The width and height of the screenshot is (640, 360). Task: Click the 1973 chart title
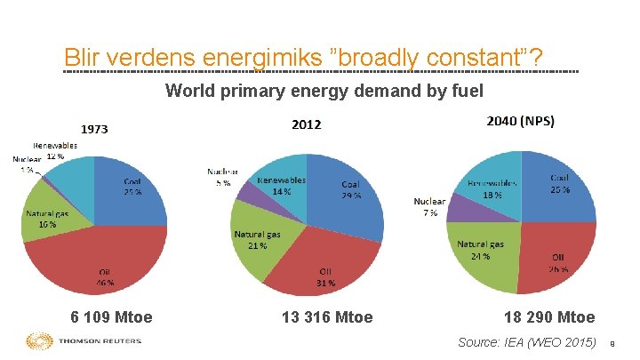coord(96,129)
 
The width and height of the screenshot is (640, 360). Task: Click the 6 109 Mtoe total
coord(112,317)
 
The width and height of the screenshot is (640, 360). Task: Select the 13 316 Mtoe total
coord(327,317)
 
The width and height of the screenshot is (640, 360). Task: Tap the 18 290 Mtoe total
coord(549,317)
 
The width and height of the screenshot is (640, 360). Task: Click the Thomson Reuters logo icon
coord(40,342)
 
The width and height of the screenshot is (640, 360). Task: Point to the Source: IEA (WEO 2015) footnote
coord(526,342)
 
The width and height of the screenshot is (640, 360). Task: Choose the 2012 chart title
coord(307,124)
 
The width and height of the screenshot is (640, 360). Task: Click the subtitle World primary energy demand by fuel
coord(324,90)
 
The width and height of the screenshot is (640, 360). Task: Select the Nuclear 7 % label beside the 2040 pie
coord(429,208)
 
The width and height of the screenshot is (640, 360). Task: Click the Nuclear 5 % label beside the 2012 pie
coord(220,177)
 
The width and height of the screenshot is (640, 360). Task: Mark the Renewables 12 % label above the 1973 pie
coord(55,149)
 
